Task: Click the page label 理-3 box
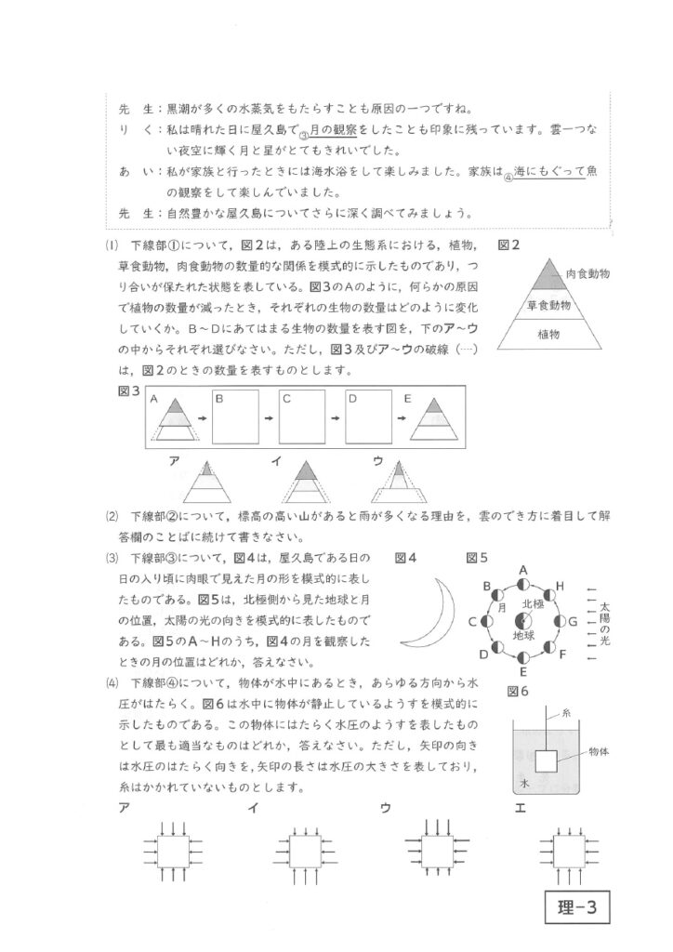tap(577, 905)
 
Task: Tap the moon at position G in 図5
tap(561, 620)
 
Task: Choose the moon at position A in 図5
tap(523, 583)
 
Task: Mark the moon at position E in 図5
tap(523, 658)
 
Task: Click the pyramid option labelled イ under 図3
tap(303, 482)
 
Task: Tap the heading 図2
tap(508, 245)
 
